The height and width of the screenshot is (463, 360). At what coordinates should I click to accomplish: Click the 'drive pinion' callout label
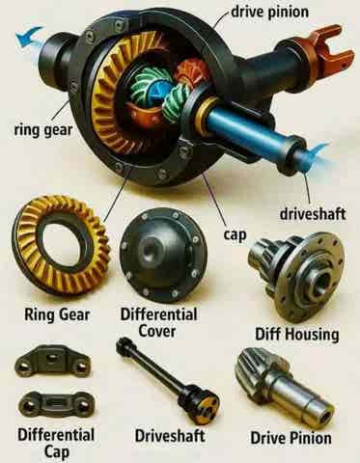click(x=269, y=13)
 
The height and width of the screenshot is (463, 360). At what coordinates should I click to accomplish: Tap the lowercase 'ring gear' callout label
click(x=43, y=130)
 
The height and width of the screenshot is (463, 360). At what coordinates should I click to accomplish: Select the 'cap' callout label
click(x=235, y=234)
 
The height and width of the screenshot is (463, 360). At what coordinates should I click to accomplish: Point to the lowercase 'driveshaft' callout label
click(x=313, y=214)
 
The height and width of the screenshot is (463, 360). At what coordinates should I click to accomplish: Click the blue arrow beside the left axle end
click(x=28, y=36)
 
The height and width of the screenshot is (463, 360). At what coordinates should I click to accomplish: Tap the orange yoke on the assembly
click(x=321, y=48)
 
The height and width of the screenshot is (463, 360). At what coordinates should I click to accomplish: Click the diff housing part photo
click(x=296, y=275)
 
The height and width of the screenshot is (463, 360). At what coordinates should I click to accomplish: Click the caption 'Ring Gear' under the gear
click(x=57, y=313)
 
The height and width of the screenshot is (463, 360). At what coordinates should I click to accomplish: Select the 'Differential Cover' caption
click(x=158, y=322)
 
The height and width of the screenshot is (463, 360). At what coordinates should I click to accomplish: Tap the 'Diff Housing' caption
click(x=297, y=335)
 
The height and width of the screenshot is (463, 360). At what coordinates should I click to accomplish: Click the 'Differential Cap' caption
click(x=56, y=443)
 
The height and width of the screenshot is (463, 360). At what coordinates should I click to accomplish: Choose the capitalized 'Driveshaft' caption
click(x=170, y=436)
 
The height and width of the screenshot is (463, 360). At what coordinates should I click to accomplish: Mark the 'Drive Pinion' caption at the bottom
click(x=291, y=438)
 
